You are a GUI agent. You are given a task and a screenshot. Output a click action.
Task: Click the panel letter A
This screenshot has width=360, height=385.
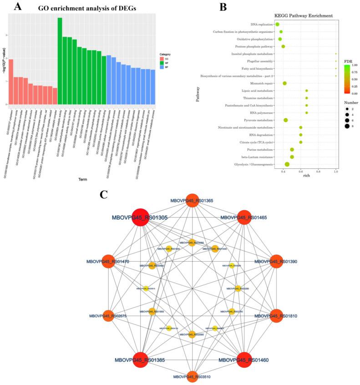point(17,7)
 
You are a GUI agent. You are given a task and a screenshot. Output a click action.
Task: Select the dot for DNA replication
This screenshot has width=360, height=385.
point(277,24)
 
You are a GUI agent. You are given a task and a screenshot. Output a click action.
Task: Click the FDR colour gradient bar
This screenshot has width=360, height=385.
point(346,80)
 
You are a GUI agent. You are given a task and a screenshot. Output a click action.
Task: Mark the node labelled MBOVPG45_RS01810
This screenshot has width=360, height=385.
point(277,315)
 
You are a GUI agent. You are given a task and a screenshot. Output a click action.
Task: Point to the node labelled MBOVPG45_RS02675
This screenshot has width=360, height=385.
point(108,315)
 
